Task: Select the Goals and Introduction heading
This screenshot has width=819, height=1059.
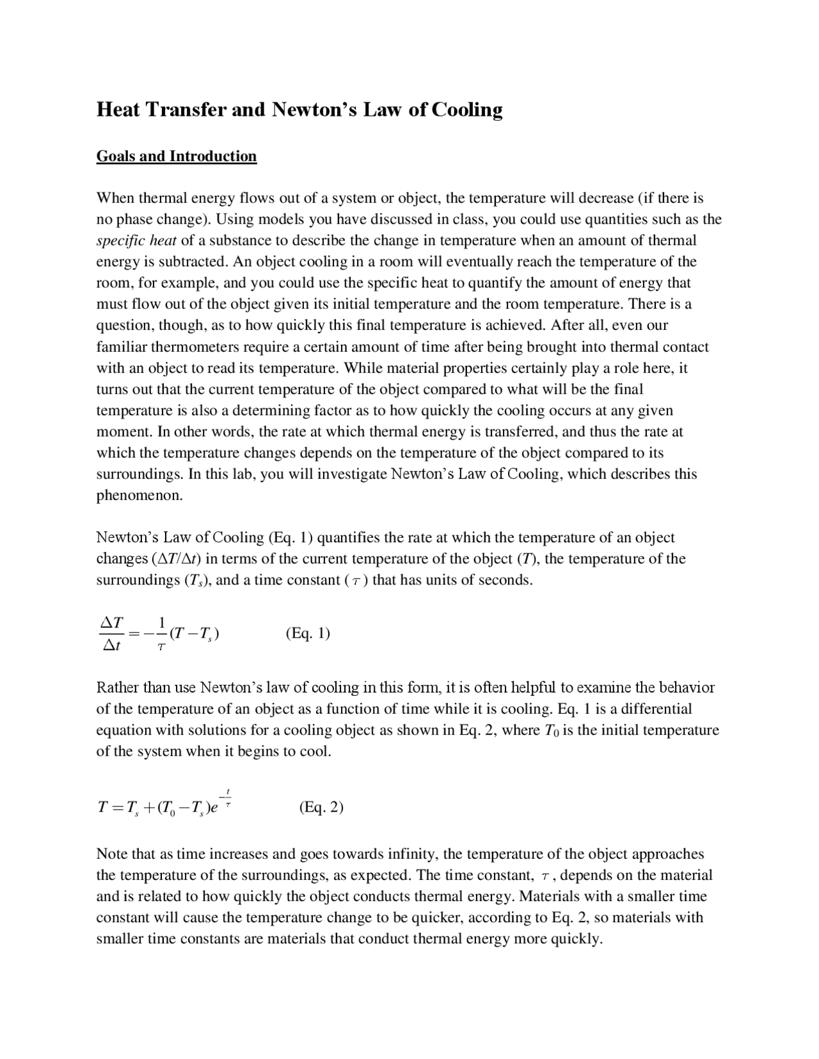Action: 177,157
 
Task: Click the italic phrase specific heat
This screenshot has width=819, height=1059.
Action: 136,240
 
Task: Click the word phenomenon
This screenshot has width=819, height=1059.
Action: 139,496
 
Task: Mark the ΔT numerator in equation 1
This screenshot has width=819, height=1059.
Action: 113,622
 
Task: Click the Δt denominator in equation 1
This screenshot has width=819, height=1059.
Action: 112,646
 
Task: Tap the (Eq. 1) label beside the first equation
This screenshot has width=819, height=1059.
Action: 308,634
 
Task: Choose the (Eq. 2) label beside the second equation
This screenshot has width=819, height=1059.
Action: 321,808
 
